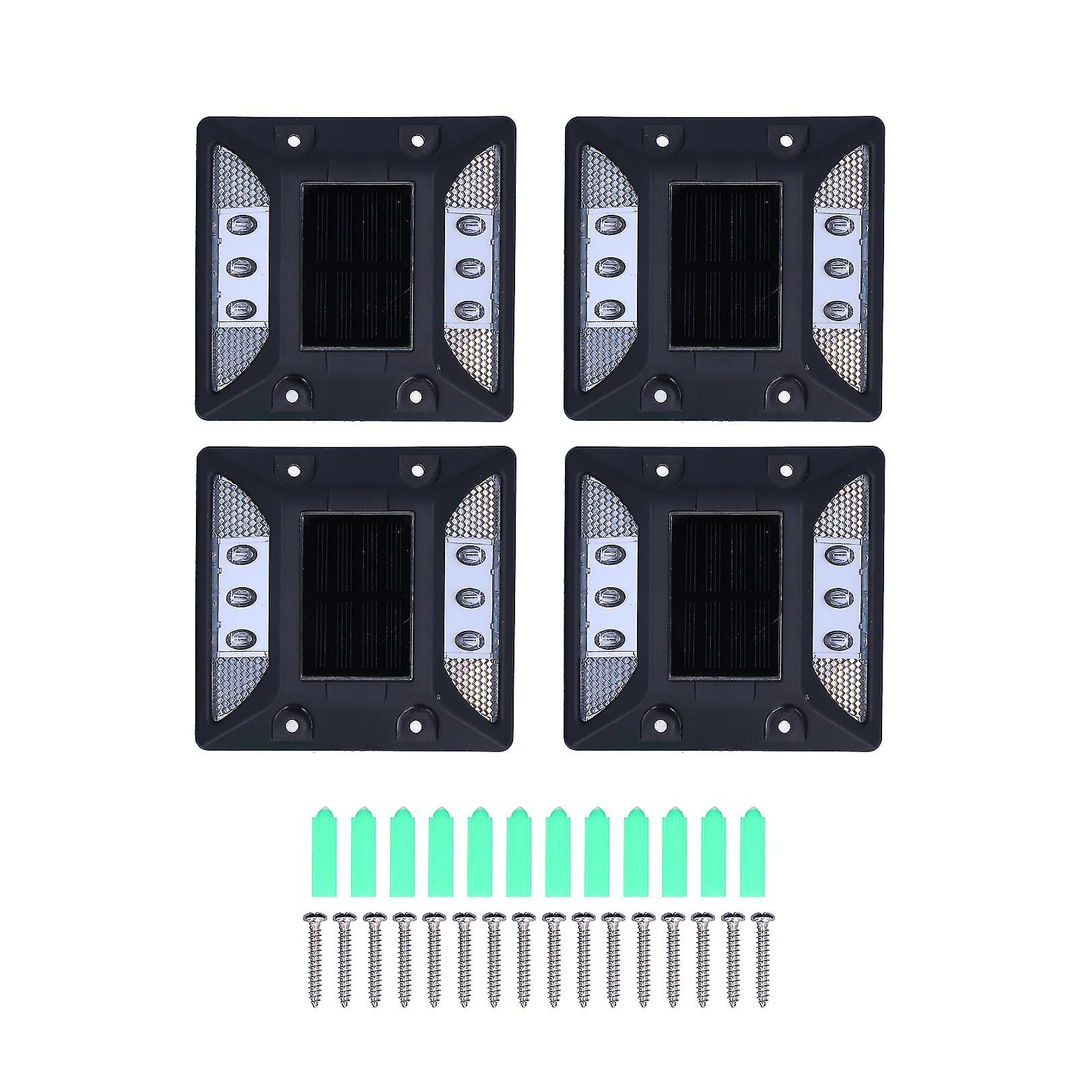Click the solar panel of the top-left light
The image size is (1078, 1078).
point(356,265)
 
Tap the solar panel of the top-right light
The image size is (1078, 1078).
point(725,265)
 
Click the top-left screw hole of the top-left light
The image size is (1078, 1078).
point(293,141)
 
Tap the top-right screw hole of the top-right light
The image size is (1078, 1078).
point(785,141)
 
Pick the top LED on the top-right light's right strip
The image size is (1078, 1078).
point(835,223)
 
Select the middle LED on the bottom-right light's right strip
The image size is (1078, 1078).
point(835,597)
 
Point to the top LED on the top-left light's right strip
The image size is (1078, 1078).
point(465,223)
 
